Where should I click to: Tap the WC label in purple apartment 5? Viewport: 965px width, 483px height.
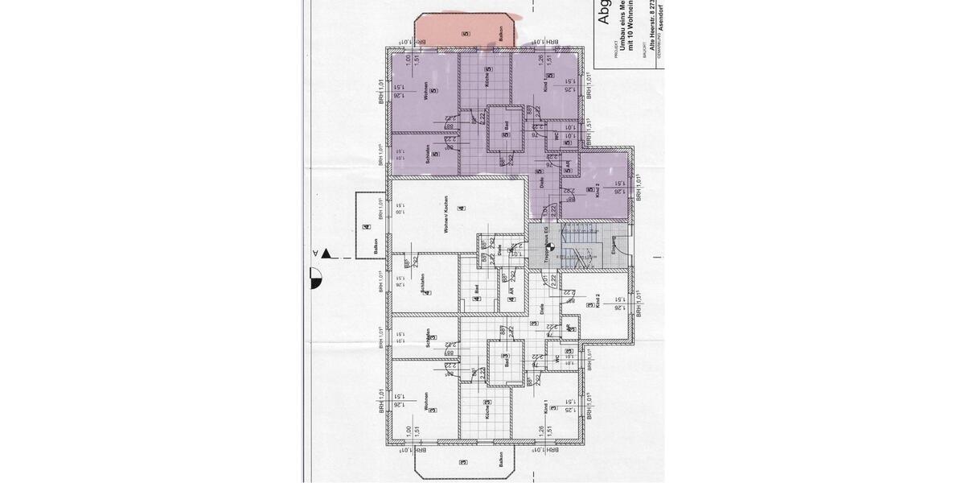[556, 136]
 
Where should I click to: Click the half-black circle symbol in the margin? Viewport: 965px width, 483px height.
[315, 279]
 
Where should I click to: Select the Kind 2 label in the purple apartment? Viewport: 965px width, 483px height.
[597, 191]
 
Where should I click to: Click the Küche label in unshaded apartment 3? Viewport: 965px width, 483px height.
[488, 411]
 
